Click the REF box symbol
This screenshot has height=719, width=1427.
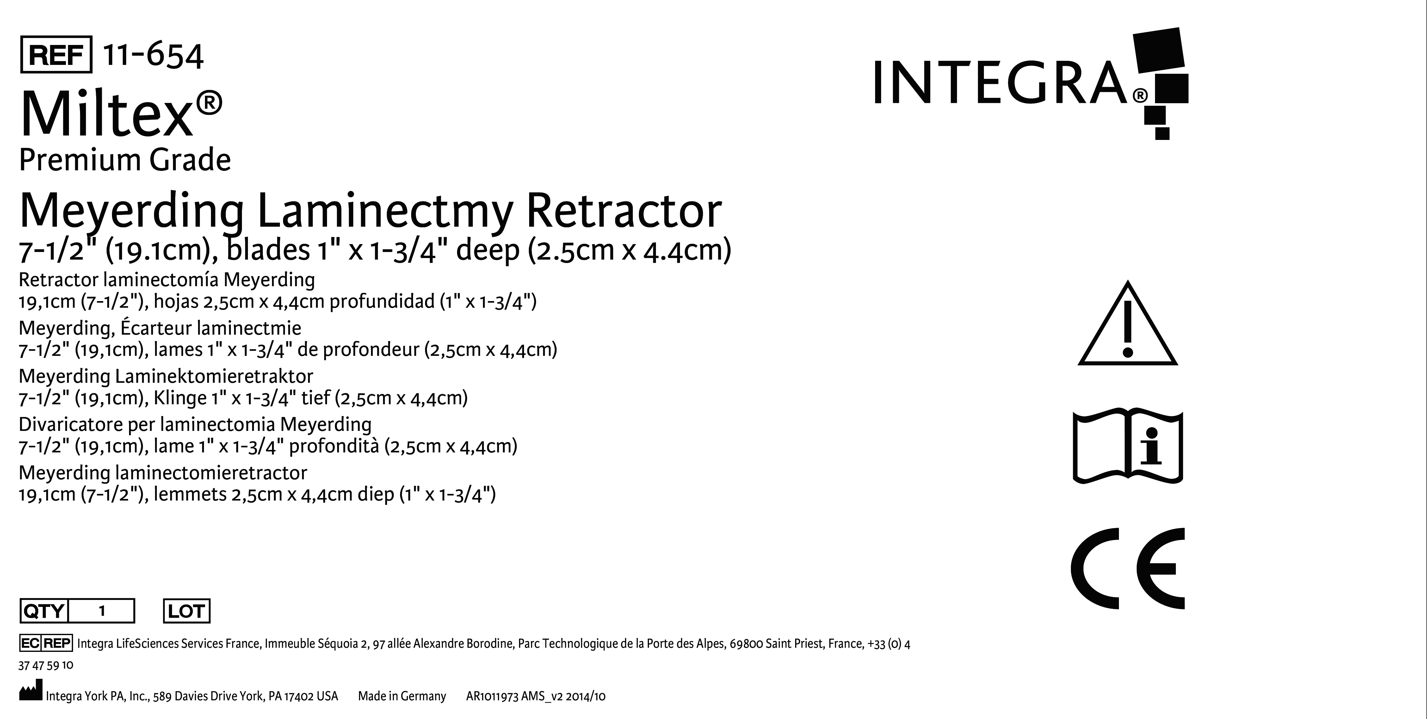[56, 54]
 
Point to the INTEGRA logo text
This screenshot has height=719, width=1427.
[1000, 83]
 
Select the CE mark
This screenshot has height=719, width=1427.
[1128, 569]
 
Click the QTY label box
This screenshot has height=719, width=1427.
[44, 611]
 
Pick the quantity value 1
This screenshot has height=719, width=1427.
[102, 611]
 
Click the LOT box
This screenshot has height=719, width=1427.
[187, 611]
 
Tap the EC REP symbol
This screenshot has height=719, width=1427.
[46, 643]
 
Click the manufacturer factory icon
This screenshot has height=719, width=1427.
[30, 693]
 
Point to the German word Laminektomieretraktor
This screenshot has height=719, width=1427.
[214, 376]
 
